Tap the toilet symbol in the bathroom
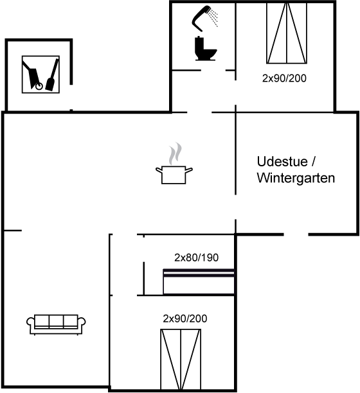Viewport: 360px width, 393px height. click(205, 49)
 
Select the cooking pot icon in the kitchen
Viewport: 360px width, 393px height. click(174, 175)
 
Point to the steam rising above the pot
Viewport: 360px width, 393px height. click(175, 153)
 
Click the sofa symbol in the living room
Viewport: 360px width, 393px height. click(56, 324)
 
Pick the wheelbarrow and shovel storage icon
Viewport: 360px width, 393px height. click(40, 74)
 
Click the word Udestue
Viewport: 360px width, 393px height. click(282, 162)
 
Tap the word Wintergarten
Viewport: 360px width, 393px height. click(296, 179)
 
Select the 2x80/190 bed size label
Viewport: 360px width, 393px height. click(197, 258)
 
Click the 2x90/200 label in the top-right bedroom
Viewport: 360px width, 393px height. click(284, 78)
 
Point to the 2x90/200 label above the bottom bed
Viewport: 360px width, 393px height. click(185, 319)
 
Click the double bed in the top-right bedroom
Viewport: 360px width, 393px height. click(287, 33)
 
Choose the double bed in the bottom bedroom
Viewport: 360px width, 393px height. click(181, 360)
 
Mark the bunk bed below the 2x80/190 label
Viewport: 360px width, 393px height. click(199, 282)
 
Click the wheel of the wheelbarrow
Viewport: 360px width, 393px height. click(39, 87)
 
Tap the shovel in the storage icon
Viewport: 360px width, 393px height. click(52, 75)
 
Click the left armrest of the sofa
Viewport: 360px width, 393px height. click(31, 323)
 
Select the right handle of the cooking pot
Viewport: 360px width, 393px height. click(189, 170)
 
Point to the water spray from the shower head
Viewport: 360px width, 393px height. click(213, 17)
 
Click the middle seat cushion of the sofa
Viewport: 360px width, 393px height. click(56, 321)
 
